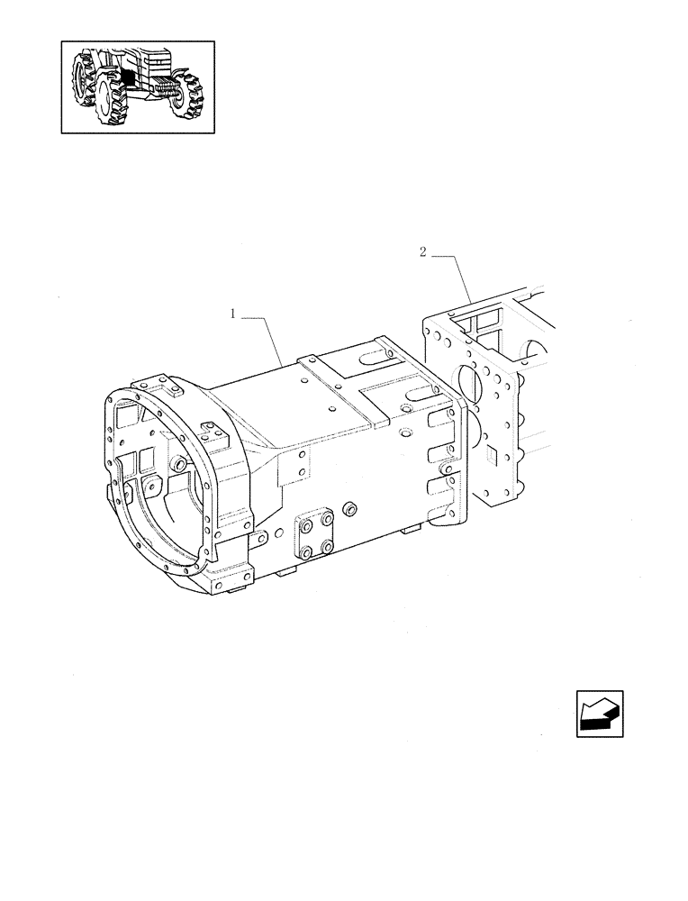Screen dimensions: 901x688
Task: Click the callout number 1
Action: click(232, 314)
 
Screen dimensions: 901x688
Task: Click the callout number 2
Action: click(422, 252)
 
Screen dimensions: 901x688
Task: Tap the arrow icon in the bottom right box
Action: click(599, 714)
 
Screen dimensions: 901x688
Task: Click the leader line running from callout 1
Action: click(270, 338)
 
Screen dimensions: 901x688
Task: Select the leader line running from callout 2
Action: click(459, 275)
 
